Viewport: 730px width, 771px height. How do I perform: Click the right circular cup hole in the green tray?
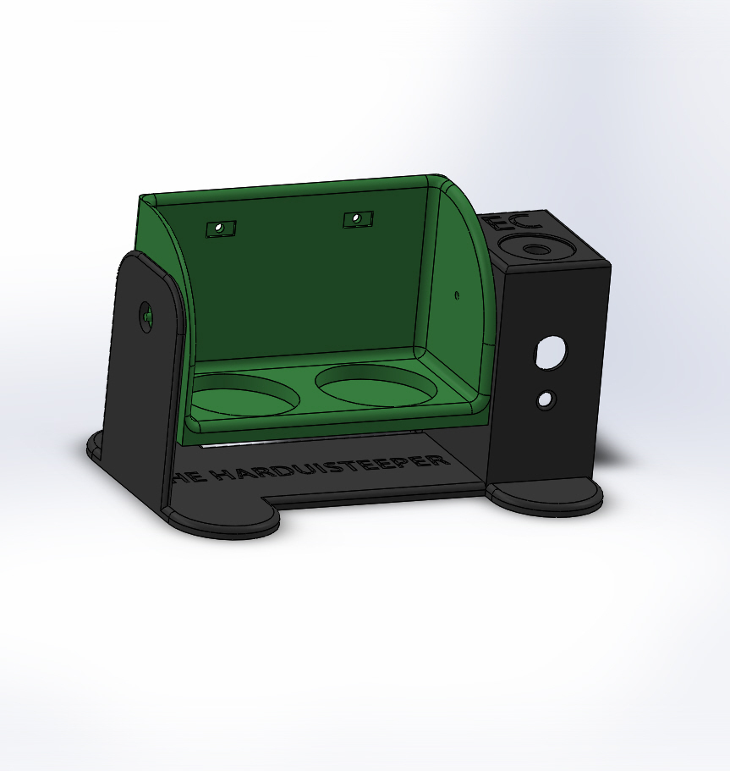click(x=376, y=385)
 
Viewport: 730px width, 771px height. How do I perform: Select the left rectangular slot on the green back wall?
click(x=221, y=228)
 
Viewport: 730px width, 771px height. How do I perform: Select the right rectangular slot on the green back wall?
click(x=358, y=219)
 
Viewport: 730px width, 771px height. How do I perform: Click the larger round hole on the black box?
click(x=551, y=352)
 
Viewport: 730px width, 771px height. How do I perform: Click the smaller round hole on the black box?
click(x=546, y=399)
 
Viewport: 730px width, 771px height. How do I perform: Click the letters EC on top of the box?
click(x=506, y=225)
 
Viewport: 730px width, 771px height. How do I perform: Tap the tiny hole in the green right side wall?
click(x=457, y=295)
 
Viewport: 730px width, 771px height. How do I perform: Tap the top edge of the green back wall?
click(x=288, y=187)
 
